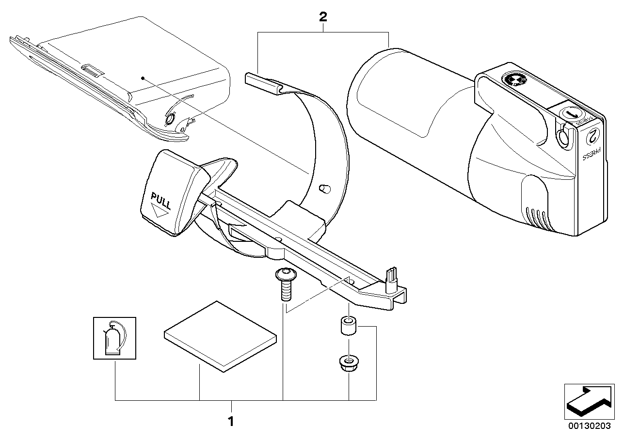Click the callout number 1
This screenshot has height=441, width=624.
pos(231,421)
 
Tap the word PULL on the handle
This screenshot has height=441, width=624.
pos(161,199)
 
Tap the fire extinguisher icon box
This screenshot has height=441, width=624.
pos(114,338)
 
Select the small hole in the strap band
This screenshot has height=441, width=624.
pos(323,188)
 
